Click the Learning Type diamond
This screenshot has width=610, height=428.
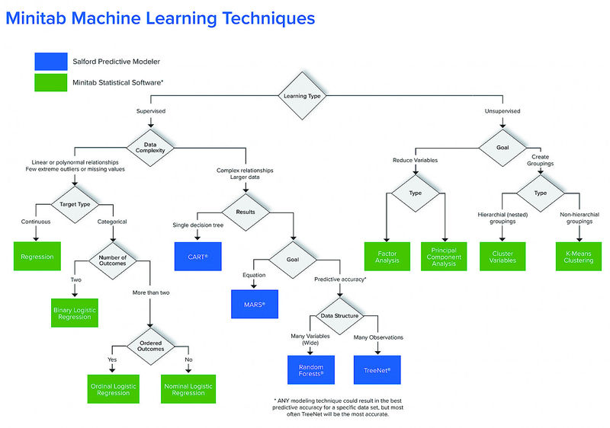[302, 95]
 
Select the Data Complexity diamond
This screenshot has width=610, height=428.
[150, 148]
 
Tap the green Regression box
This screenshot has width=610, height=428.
[37, 257]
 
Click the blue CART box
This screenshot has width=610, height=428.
[198, 257]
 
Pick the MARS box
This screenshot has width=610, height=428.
[255, 304]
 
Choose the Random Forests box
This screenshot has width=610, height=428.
[311, 370]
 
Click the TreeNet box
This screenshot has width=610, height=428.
[377, 370]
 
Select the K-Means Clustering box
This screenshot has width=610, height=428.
[579, 257]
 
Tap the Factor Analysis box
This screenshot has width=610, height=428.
[387, 257]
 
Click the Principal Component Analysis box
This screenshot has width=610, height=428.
[444, 257]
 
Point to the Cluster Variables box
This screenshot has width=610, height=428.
[502, 257]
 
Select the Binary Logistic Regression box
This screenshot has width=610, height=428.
[74, 313]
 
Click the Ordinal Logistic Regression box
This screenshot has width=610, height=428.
[113, 388]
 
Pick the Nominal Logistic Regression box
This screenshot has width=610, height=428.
[188, 388]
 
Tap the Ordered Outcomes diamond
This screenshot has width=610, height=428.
[150, 346]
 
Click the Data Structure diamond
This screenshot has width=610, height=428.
[339, 316]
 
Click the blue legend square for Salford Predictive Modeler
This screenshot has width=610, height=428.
[51, 62]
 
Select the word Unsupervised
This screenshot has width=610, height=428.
[502, 111]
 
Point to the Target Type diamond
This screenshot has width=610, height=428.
[75, 204]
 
